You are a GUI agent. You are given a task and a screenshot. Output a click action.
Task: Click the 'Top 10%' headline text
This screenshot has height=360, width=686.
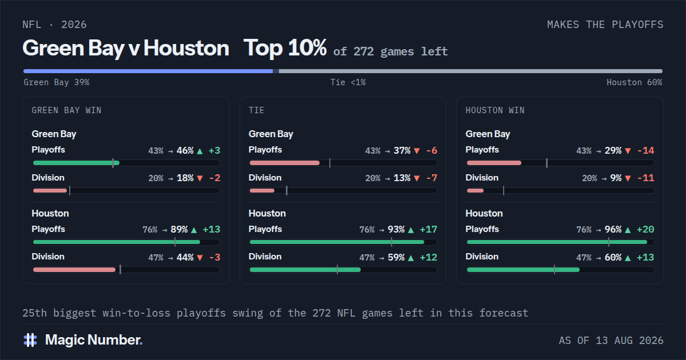click(x=285, y=48)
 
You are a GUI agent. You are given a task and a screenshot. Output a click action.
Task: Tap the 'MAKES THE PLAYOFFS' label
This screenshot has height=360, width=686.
click(x=605, y=25)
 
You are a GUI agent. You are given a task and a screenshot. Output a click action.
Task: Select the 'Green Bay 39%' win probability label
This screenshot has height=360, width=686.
click(x=57, y=82)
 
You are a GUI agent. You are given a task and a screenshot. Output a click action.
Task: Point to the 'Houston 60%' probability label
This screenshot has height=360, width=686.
click(x=634, y=82)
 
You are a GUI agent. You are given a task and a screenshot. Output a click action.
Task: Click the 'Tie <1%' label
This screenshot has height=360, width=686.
click(x=348, y=82)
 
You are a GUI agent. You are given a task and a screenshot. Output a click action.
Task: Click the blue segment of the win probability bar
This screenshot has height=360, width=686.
click(x=148, y=71)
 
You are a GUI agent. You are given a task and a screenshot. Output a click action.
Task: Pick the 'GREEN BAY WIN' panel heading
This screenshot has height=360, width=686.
click(x=66, y=110)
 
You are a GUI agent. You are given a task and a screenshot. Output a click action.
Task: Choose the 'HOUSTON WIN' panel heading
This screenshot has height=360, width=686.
click(x=495, y=110)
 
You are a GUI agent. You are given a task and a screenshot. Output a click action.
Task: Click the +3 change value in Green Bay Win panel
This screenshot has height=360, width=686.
click(x=214, y=151)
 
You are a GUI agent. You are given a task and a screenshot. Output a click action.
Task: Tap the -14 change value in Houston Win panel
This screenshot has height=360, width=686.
click(x=645, y=151)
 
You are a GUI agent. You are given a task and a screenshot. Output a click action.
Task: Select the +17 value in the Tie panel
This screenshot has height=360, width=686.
click(x=428, y=230)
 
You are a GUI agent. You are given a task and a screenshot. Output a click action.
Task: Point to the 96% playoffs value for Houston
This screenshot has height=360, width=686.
click(x=613, y=230)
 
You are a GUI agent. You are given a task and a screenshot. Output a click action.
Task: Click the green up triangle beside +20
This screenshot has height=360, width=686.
click(x=628, y=230)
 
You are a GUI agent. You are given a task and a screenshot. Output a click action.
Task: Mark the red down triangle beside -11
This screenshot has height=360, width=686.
click(x=628, y=178)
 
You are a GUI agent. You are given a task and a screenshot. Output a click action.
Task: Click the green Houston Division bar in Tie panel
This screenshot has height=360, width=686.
click(x=305, y=270)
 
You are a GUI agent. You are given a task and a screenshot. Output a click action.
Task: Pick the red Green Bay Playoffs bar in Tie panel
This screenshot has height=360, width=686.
click(x=285, y=163)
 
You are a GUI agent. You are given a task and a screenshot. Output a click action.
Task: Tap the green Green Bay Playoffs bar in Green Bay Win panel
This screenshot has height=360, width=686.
click(x=76, y=163)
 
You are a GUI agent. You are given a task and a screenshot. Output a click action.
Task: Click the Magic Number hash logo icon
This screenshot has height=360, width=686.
click(x=30, y=340)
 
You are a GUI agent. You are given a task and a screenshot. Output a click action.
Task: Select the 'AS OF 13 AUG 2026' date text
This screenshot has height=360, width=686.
click(x=611, y=341)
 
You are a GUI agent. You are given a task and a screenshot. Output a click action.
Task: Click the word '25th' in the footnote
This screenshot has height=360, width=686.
click(x=35, y=313)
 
